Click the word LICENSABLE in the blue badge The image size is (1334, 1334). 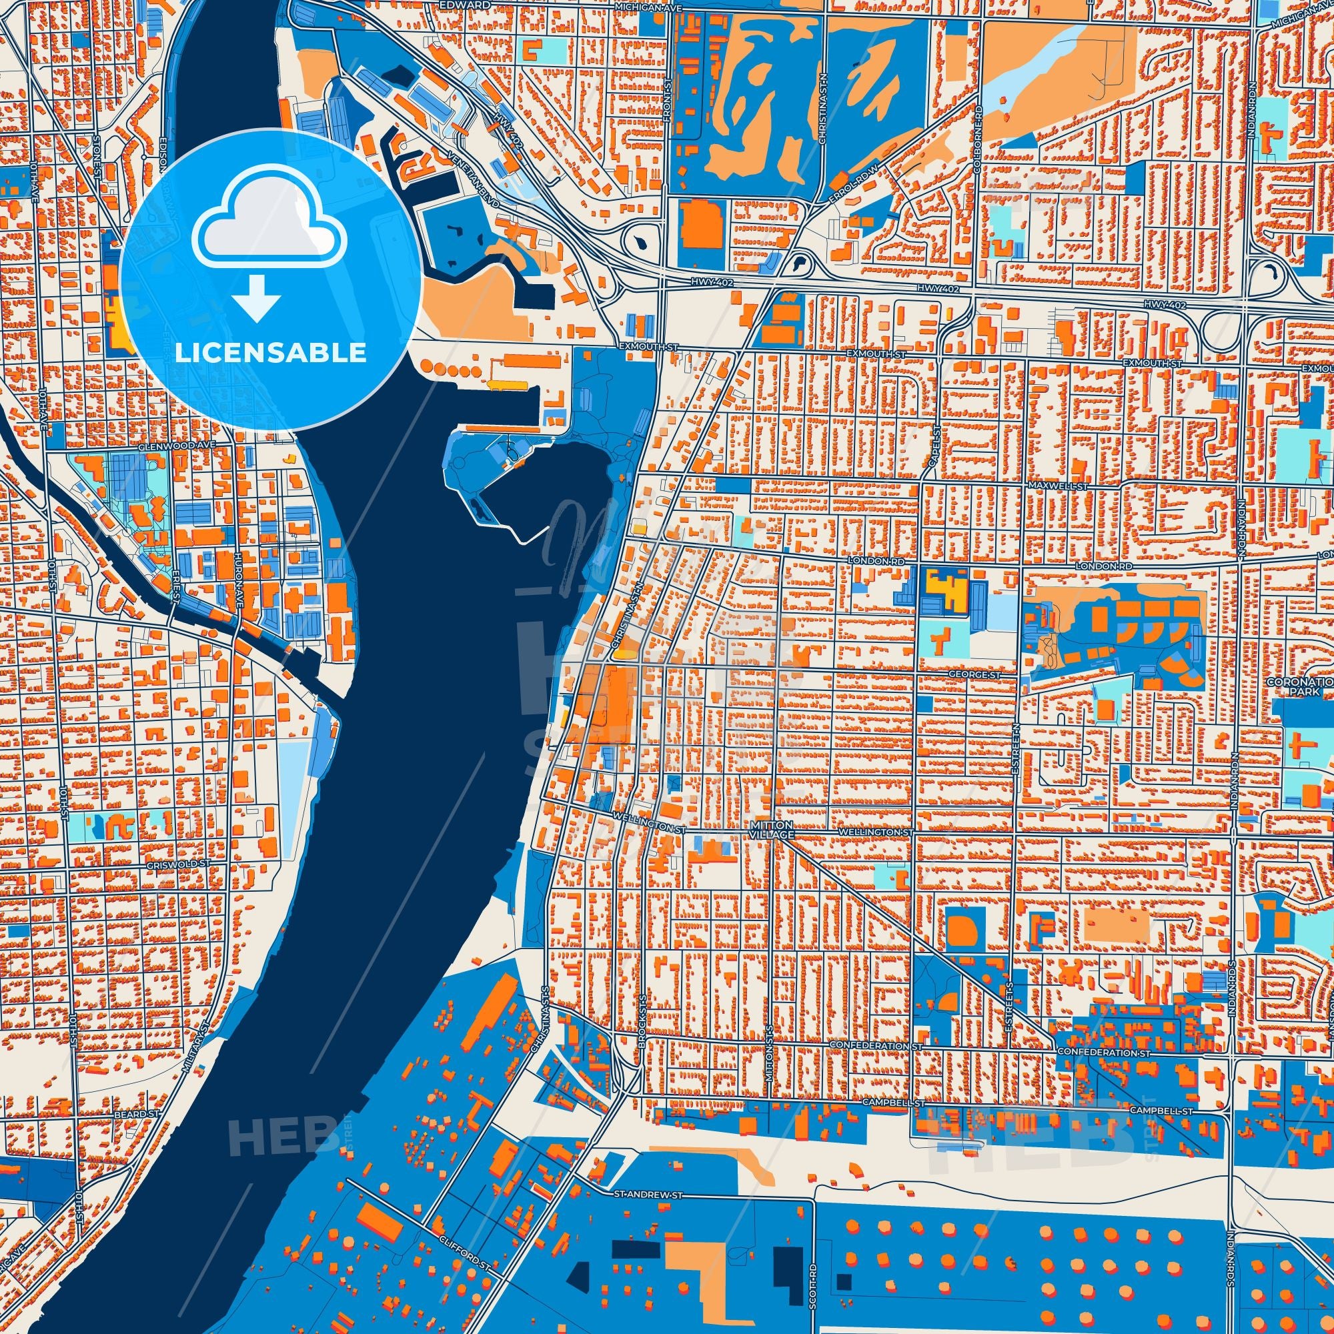click(x=271, y=353)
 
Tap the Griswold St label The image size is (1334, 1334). click(x=178, y=864)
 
